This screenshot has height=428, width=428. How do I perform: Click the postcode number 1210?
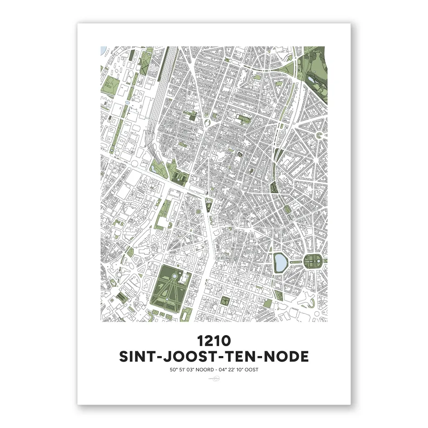[214, 341]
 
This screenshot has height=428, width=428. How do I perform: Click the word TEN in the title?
[239, 357]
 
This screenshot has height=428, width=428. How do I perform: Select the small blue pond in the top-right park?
[311, 78]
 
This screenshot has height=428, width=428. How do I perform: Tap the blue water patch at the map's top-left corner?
[103, 50]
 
